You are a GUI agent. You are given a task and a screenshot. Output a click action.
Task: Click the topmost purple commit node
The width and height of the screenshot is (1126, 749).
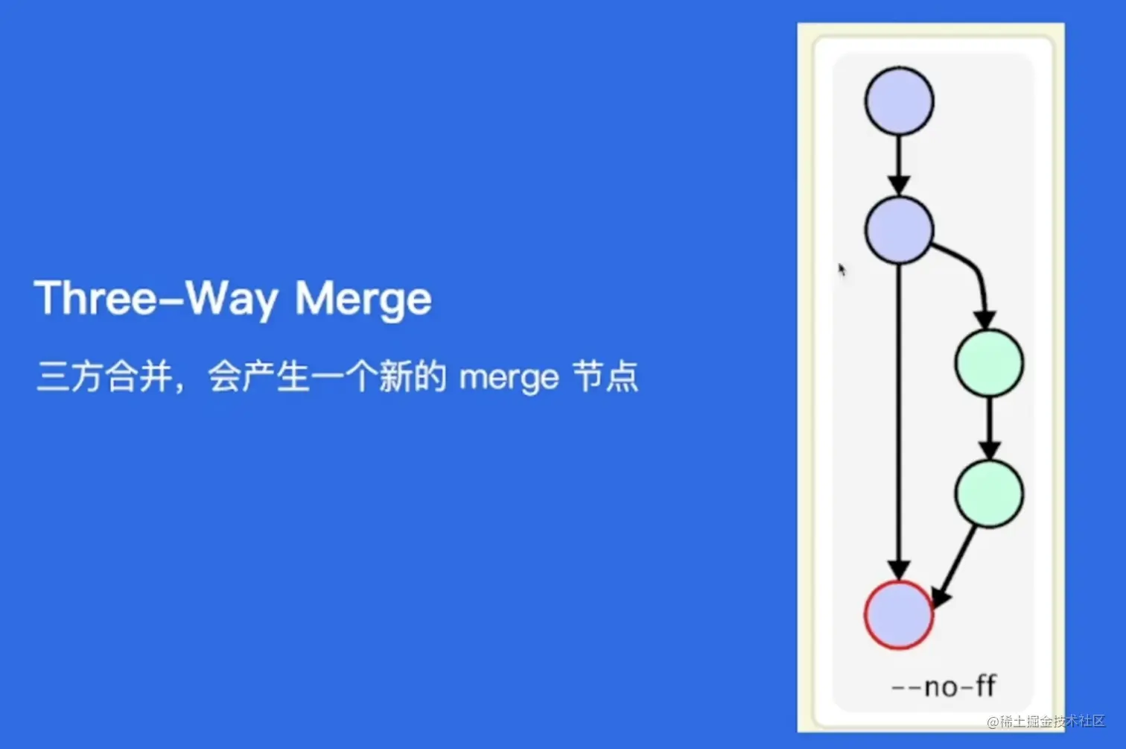[899, 101]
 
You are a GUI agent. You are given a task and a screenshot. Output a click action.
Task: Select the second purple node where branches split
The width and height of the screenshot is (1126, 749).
[899, 230]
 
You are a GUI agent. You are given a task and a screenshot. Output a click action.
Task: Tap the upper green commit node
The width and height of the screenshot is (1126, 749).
[989, 363]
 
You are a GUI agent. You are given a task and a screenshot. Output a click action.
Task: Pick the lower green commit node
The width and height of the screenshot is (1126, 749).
[989, 493]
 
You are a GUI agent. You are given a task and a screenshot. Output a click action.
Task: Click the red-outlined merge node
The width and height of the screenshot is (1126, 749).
[899, 615]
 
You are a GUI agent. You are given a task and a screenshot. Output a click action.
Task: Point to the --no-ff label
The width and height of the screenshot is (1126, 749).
[944, 686]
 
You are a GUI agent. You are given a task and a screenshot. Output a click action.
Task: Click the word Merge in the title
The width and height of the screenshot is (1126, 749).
[363, 299]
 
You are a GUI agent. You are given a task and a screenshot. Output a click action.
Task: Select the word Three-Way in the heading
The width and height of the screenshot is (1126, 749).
[156, 299]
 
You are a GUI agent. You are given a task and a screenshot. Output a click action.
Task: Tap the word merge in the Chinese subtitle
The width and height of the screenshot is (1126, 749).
[509, 377]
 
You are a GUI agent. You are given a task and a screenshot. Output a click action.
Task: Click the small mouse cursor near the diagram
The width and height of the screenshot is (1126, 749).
[842, 269]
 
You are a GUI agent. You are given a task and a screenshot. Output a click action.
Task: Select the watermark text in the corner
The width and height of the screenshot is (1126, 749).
[1046, 721]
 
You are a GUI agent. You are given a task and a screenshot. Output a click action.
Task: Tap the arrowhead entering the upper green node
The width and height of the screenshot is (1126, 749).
[985, 319]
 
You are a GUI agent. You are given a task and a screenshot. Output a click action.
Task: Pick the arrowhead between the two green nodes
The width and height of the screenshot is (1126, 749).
[989, 450]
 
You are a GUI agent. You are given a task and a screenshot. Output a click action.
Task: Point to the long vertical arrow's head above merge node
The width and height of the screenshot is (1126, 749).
[899, 570]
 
